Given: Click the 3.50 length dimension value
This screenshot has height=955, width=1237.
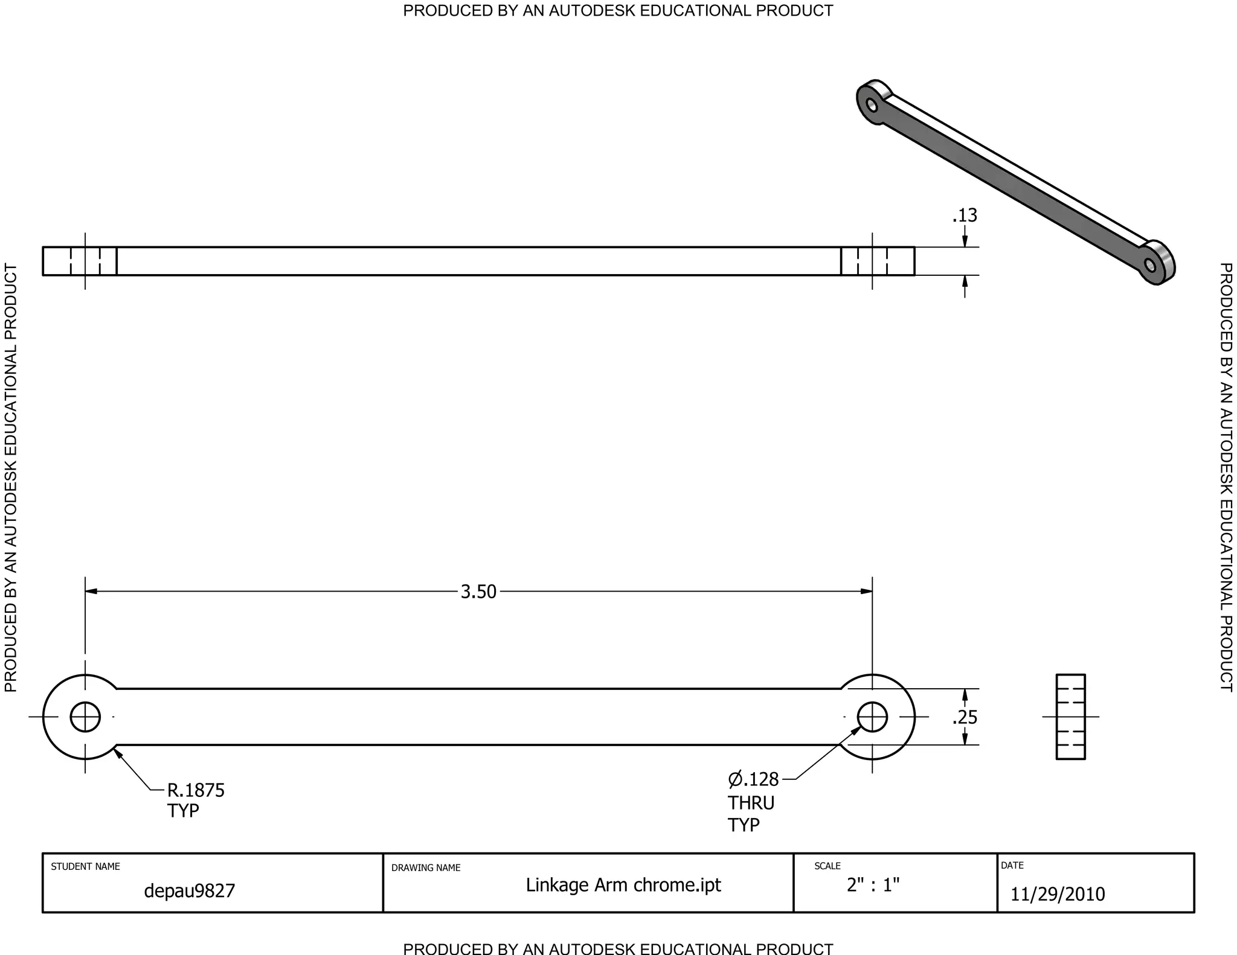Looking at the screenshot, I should coord(478,592).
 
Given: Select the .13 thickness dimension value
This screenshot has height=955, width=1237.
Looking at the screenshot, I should coord(965,216).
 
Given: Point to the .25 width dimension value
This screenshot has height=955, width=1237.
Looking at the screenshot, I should coord(965,718).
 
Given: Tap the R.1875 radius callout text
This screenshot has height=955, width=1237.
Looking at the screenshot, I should coord(196,790).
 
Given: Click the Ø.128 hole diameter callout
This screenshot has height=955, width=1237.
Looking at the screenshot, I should coord(753,779).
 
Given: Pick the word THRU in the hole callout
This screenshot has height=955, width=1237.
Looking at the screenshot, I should coord(751,803).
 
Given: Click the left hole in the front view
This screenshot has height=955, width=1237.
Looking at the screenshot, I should coord(85,717).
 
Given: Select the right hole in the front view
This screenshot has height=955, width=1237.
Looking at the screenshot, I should coord(872,717).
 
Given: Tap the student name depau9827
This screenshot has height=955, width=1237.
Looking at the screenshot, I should coord(189,890).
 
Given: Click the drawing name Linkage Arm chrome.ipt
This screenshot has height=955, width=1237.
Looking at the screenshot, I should coord(623,885).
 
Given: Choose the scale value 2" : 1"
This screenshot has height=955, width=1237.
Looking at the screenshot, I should coord(873,885).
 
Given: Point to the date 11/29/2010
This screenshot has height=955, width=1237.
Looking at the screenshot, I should coord(1058,894).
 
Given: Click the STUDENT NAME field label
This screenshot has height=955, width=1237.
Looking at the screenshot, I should coord(85,866).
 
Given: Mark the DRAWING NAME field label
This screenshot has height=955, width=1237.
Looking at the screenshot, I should coord(426,867).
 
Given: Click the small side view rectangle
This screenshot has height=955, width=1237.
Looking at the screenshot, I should coord(1070,717).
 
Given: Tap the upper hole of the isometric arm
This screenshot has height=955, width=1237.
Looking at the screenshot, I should coord(872,106).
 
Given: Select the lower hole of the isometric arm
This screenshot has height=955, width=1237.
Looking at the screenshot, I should coord(1150,266).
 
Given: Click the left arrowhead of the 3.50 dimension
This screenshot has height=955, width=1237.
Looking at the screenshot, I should coord(91,591).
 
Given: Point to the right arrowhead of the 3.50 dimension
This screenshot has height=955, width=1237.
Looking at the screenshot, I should coord(866,591).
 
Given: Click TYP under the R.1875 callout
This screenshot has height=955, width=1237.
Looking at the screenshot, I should coord(183,811).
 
